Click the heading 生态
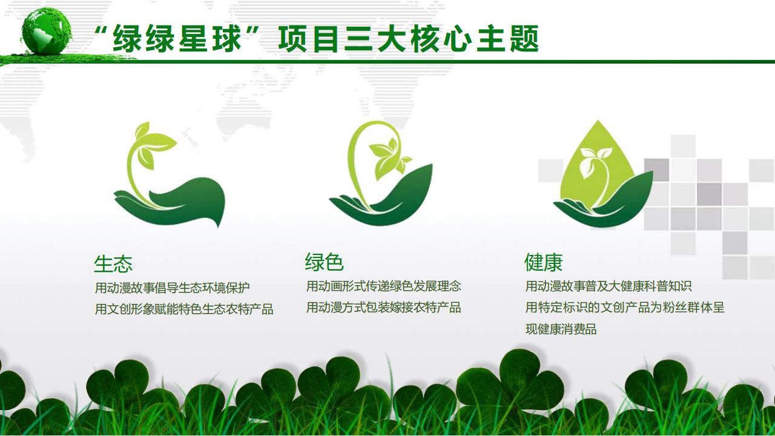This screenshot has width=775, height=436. pyautogui.click(x=113, y=264)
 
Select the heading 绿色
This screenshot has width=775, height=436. pyautogui.click(x=324, y=262)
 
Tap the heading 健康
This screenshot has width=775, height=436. pyautogui.click(x=544, y=262)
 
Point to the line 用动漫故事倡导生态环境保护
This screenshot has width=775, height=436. pyautogui.click(x=173, y=288)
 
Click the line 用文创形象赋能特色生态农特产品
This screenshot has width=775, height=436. pyautogui.click(x=184, y=309)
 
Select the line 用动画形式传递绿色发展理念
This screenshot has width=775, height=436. pyautogui.click(x=383, y=286)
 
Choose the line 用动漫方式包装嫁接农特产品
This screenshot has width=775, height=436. pyautogui.click(x=383, y=307)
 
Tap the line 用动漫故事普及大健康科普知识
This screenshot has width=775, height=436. pyautogui.click(x=608, y=286)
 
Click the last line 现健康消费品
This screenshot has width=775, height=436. pyautogui.click(x=561, y=329)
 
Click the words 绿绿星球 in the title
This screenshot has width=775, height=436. pyautogui.click(x=177, y=39)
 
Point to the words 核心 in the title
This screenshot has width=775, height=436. pyautogui.click(x=441, y=39)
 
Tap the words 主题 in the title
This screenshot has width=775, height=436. pyautogui.click(x=508, y=39)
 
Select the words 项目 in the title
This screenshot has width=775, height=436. pyautogui.click(x=309, y=39)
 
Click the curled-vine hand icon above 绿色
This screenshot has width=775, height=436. pyautogui.click(x=381, y=173)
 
